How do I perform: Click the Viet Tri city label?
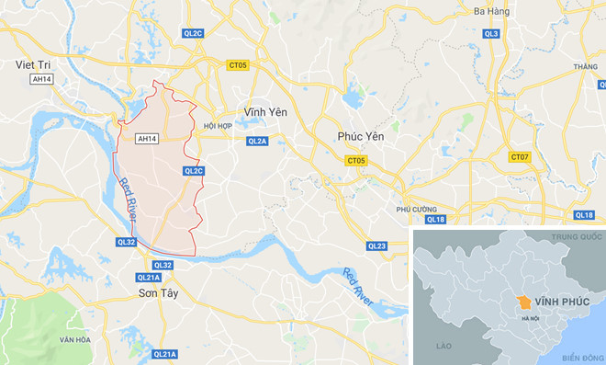[x=33, y=64]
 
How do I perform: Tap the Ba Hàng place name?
[x=491, y=11]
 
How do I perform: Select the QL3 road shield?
[x=491, y=33]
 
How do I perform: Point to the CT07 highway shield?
[x=521, y=157]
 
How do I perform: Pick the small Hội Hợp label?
[x=219, y=125]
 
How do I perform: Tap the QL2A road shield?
[x=257, y=141]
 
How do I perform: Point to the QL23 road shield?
[x=377, y=245]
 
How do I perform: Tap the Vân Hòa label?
[x=73, y=340]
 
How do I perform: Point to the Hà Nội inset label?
[x=531, y=318]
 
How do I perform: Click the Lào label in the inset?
[x=445, y=345]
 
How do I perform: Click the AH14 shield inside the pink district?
[x=146, y=139]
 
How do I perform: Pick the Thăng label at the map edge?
[x=585, y=67]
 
